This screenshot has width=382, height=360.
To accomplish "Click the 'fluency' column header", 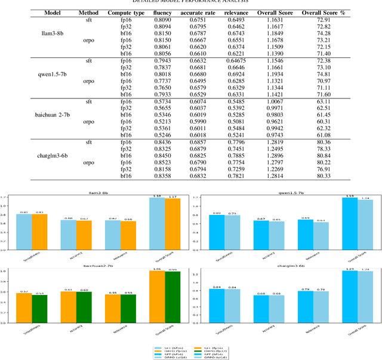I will pyautogui.click(x=169, y=13).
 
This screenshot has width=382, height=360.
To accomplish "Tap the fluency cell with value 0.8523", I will pyautogui.click(x=169, y=162).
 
